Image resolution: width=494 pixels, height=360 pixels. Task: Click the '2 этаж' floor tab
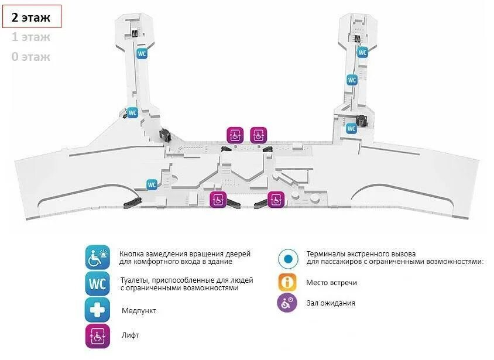click(35, 17)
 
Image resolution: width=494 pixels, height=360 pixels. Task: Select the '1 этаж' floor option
click(31, 37)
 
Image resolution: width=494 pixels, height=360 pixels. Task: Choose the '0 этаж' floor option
click(31, 57)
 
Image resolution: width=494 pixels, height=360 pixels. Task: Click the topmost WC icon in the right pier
click(362, 53)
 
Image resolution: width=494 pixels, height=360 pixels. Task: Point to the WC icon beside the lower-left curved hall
click(152, 185)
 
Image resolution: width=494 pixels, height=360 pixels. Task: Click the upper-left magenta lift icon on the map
click(235, 135)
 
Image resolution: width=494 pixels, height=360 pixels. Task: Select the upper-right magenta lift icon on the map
click(258, 135)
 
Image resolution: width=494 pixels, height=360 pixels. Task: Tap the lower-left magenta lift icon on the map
click(218, 200)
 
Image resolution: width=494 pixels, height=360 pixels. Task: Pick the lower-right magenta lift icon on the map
click(276, 200)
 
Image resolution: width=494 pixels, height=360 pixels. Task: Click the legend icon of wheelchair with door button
click(97, 258)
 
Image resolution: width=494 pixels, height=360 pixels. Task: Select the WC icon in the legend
click(97, 284)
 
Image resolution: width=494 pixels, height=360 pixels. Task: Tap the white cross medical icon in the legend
click(97, 310)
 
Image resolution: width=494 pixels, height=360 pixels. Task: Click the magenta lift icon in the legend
click(97, 336)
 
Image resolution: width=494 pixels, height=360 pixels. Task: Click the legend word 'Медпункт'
click(139, 310)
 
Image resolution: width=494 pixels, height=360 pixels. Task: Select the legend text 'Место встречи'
click(331, 283)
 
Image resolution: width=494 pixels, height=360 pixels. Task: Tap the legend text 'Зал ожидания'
click(331, 303)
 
